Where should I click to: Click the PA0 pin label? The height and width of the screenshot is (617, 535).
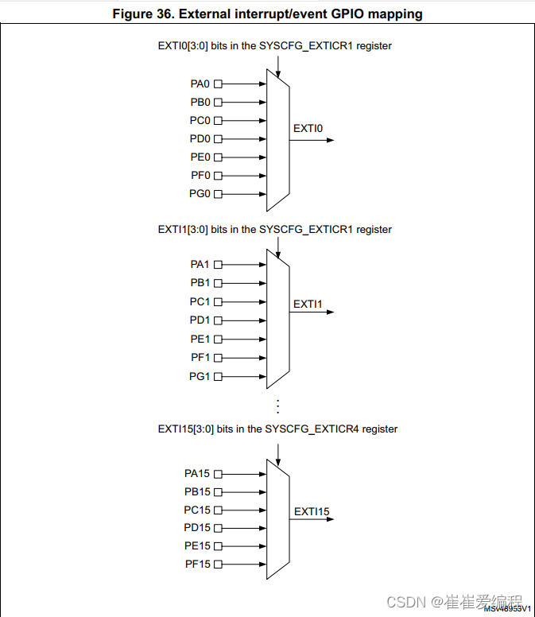coord(200,83)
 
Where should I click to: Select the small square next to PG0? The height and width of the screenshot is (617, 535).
coord(218,194)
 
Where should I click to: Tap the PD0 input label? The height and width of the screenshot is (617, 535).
coord(200,139)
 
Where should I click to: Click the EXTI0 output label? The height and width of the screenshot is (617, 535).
coord(308,128)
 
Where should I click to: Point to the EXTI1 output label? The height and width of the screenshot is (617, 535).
coord(308,304)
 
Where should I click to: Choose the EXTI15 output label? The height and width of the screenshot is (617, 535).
coord(311,511)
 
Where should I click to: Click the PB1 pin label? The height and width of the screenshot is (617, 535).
coord(200,283)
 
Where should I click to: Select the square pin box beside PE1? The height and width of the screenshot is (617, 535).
coord(218,339)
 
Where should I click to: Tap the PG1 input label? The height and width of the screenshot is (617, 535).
coord(200,376)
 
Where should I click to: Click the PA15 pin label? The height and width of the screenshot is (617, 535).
coord(197,473)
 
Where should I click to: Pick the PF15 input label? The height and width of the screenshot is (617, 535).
coord(197,565)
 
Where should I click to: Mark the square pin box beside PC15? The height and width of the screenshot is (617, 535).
coord(218,510)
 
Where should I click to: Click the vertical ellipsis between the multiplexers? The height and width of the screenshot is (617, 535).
coord(277,406)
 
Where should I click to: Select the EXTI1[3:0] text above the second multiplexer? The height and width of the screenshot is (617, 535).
coord(183,229)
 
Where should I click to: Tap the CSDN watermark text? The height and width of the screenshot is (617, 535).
coord(403,602)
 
